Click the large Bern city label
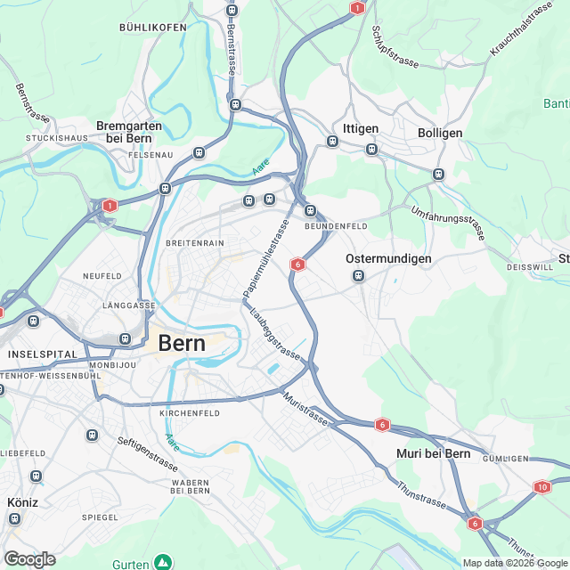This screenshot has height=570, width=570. [x=181, y=343]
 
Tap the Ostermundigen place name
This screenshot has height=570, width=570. [x=388, y=259]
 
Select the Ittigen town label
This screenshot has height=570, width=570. [x=361, y=129]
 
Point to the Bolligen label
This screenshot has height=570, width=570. [x=440, y=132]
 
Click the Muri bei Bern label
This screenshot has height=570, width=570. [x=433, y=454]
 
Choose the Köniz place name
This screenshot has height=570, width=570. [x=22, y=502]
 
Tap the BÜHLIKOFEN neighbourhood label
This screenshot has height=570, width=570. [x=152, y=28]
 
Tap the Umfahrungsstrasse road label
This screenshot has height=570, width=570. [x=448, y=222]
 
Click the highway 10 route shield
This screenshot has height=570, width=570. [x=543, y=486]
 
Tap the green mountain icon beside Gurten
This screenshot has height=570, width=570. [x=162, y=562]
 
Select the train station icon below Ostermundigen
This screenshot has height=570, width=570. [x=358, y=276]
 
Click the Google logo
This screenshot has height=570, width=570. [x=29, y=559]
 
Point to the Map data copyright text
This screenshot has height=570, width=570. [x=515, y=563]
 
